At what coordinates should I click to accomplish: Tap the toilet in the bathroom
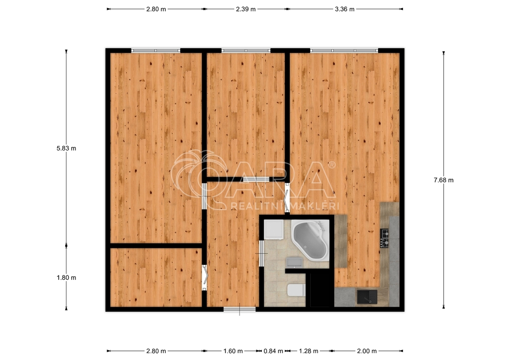[296, 290]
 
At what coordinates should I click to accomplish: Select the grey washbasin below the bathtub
[294, 262]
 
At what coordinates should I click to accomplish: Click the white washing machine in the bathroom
[273, 229]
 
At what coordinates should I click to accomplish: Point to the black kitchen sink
[367, 297]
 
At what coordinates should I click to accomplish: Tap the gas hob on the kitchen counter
[384, 238]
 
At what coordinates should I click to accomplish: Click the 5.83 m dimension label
[66, 148]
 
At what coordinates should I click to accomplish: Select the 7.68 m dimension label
[444, 180]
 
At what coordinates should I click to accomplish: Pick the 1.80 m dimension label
[66, 278]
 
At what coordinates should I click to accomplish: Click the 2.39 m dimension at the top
[246, 9]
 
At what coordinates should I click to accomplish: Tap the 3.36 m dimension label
[345, 9]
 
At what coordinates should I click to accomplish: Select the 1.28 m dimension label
[309, 351]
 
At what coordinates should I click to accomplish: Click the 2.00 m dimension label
[367, 351]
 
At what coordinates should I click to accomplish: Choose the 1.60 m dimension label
[233, 351]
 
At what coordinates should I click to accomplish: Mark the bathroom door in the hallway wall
[261, 253]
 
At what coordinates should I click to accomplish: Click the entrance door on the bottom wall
[240, 309]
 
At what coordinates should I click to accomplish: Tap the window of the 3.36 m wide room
[344, 50]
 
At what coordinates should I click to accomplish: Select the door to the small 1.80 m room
[205, 278]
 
